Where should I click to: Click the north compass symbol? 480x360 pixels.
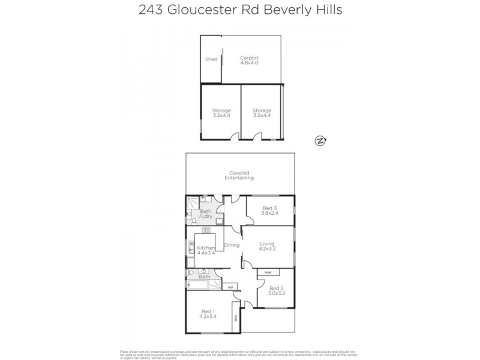point(320,141)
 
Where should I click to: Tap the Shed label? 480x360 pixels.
point(211,59)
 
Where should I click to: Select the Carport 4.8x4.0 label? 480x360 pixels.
point(249,61)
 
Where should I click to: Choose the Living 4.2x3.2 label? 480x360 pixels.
point(267,246)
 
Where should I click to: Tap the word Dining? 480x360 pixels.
point(232,245)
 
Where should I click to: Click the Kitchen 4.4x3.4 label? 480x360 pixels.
point(206,251)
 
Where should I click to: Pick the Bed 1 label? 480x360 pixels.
point(208,314)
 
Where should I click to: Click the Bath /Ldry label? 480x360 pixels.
point(206,214)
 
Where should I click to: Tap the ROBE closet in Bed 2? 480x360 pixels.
point(266,272)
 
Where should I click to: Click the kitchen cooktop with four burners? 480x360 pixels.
point(206,230)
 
